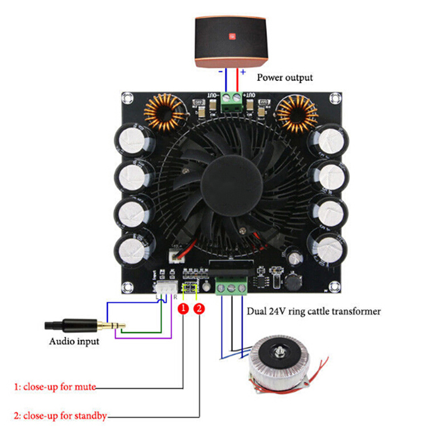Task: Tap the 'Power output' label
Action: click(284, 77)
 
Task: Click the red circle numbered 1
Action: click(184, 309)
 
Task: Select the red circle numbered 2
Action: click(200, 309)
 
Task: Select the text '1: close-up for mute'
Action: click(55, 387)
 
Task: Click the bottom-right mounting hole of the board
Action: click(334, 287)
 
